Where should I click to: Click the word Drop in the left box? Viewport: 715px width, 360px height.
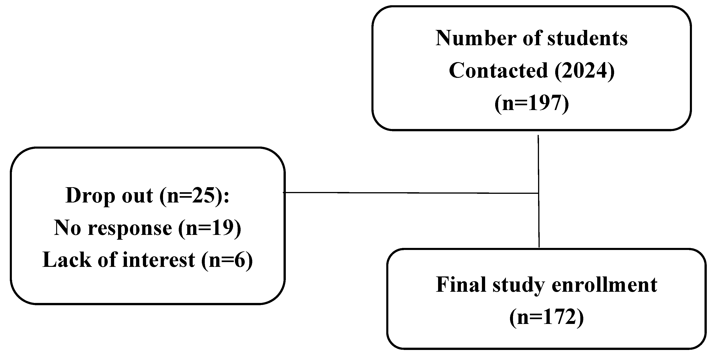click(90, 196)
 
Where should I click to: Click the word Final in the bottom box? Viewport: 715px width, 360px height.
click(461, 285)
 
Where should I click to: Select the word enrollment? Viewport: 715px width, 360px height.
click(605, 285)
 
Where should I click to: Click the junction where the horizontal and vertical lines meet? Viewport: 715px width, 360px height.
click(539, 193)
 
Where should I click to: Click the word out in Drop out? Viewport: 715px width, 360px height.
click(137, 196)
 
